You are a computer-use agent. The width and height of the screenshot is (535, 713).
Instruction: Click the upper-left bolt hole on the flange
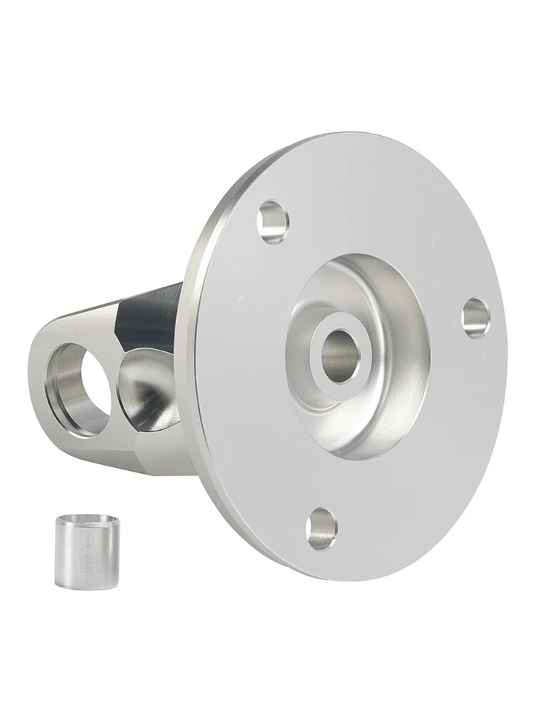click(x=273, y=221)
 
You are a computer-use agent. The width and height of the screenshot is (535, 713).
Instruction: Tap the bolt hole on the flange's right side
click(x=476, y=317)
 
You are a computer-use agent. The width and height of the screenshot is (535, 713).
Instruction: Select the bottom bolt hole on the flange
click(x=322, y=528)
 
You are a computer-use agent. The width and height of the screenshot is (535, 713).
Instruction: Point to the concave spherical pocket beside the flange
click(x=149, y=390)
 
